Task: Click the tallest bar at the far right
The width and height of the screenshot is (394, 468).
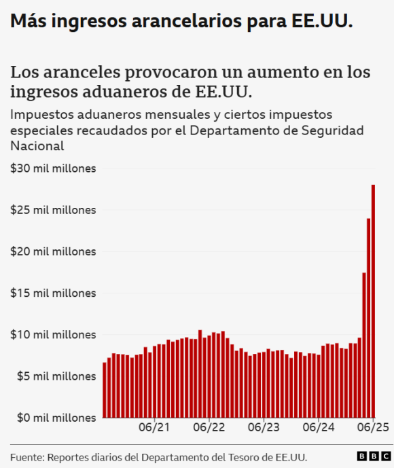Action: pyautogui.click(x=374, y=302)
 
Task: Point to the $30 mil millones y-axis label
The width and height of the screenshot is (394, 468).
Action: pyautogui.click(x=53, y=168)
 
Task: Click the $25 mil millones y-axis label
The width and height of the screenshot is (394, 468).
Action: pyautogui.click(x=53, y=210)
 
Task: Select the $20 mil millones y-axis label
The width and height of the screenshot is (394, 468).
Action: pyautogui.click(x=53, y=251)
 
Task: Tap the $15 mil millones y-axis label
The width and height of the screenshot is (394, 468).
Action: pyautogui.click(x=53, y=293)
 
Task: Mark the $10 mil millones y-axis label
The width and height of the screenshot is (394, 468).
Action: pyautogui.click(x=53, y=334)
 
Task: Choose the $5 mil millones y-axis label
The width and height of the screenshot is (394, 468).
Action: pyautogui.click(x=53, y=376)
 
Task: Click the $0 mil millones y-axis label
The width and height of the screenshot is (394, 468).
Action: pyautogui.click(x=53, y=417)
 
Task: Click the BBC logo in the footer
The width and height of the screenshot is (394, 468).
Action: pyautogui.click(x=370, y=456)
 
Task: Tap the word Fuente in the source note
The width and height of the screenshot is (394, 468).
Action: pyautogui.click(x=26, y=456)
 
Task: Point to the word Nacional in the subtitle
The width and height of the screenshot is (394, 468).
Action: pyautogui.click(x=37, y=145)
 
